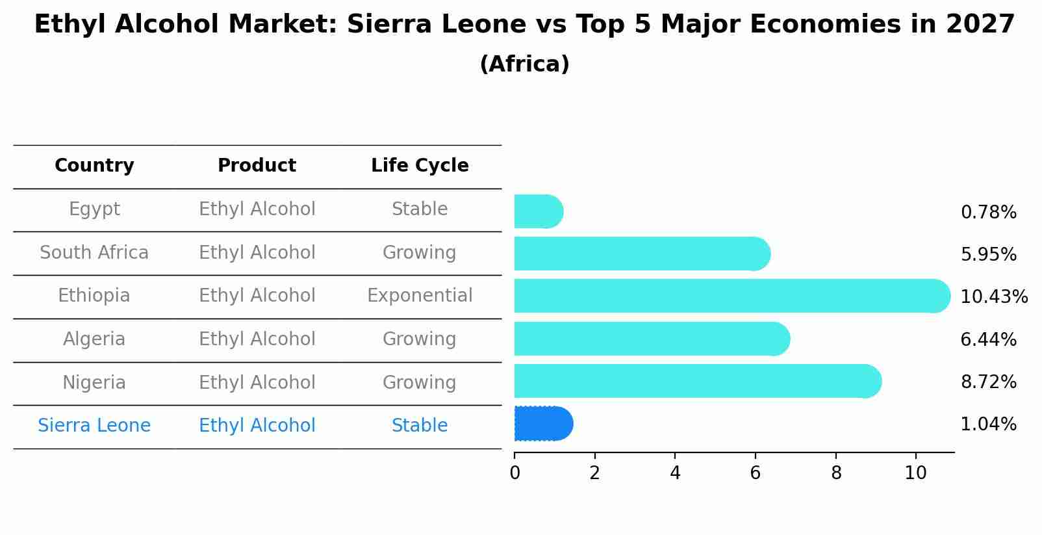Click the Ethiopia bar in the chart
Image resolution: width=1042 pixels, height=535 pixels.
731,296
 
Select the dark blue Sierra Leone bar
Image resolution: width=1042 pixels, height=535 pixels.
543,424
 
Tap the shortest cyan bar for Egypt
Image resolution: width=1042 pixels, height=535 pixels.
538,212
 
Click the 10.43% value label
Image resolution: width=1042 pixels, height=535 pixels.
993,297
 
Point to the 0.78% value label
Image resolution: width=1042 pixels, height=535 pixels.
988,213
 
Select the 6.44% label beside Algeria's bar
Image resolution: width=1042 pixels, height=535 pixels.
988,339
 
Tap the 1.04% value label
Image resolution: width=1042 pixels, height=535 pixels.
988,424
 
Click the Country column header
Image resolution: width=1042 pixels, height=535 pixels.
94,166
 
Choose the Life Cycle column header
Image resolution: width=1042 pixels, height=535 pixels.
420,166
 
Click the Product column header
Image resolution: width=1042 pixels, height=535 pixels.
257,166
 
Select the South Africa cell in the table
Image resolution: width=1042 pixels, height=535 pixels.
94,253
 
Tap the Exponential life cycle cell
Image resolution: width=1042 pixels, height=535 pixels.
420,296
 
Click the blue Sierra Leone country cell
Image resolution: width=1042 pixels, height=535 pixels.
94,426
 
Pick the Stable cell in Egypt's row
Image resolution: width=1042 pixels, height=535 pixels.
420,209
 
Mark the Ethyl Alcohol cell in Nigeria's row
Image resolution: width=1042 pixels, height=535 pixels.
257,382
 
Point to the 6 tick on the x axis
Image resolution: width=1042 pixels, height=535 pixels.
755,473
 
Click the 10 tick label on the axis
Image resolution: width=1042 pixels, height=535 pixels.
915,473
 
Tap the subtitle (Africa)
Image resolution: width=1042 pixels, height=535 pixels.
524,64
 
